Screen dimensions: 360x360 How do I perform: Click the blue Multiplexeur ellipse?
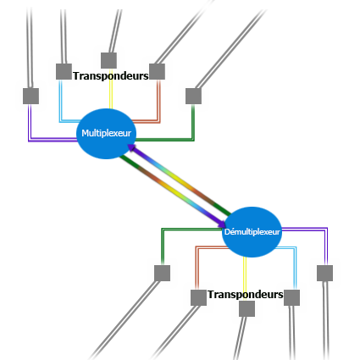click(106, 134)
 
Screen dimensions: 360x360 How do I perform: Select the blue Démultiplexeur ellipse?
click(252, 232)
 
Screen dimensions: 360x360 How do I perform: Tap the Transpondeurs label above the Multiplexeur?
click(111, 76)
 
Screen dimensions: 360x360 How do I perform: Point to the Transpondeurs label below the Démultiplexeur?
click(246, 295)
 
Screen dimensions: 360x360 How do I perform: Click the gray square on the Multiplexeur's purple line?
click(30, 96)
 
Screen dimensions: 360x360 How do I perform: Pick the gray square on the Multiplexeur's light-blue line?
click(64, 71)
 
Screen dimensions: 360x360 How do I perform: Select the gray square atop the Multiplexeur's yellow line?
click(109, 60)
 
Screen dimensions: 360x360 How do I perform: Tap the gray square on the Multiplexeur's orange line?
click(157, 71)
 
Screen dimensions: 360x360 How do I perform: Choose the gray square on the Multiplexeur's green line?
click(193, 96)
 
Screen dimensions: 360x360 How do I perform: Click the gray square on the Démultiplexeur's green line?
click(163, 273)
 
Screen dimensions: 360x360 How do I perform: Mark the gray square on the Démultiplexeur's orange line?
click(198, 297)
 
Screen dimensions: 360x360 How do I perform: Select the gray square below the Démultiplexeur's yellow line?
click(246, 308)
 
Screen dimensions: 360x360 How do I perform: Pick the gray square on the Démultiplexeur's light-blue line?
click(291, 297)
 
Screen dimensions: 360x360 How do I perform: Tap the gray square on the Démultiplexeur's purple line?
click(324, 273)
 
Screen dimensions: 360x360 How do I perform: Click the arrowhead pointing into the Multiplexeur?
click(131, 147)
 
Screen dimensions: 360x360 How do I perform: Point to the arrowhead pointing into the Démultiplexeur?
click(222, 223)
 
